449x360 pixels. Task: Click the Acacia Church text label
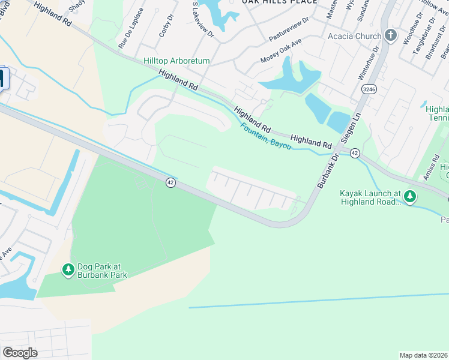click(x=354, y=36)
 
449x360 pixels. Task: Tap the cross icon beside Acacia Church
click(x=391, y=35)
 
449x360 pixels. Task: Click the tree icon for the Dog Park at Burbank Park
click(x=68, y=271)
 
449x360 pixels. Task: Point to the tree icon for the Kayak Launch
click(x=410, y=196)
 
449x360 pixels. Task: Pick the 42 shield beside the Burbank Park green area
click(x=170, y=182)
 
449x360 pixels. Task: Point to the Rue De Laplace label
click(x=131, y=28)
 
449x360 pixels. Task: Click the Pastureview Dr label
click(x=289, y=28)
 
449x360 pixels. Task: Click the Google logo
click(x=20, y=353)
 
